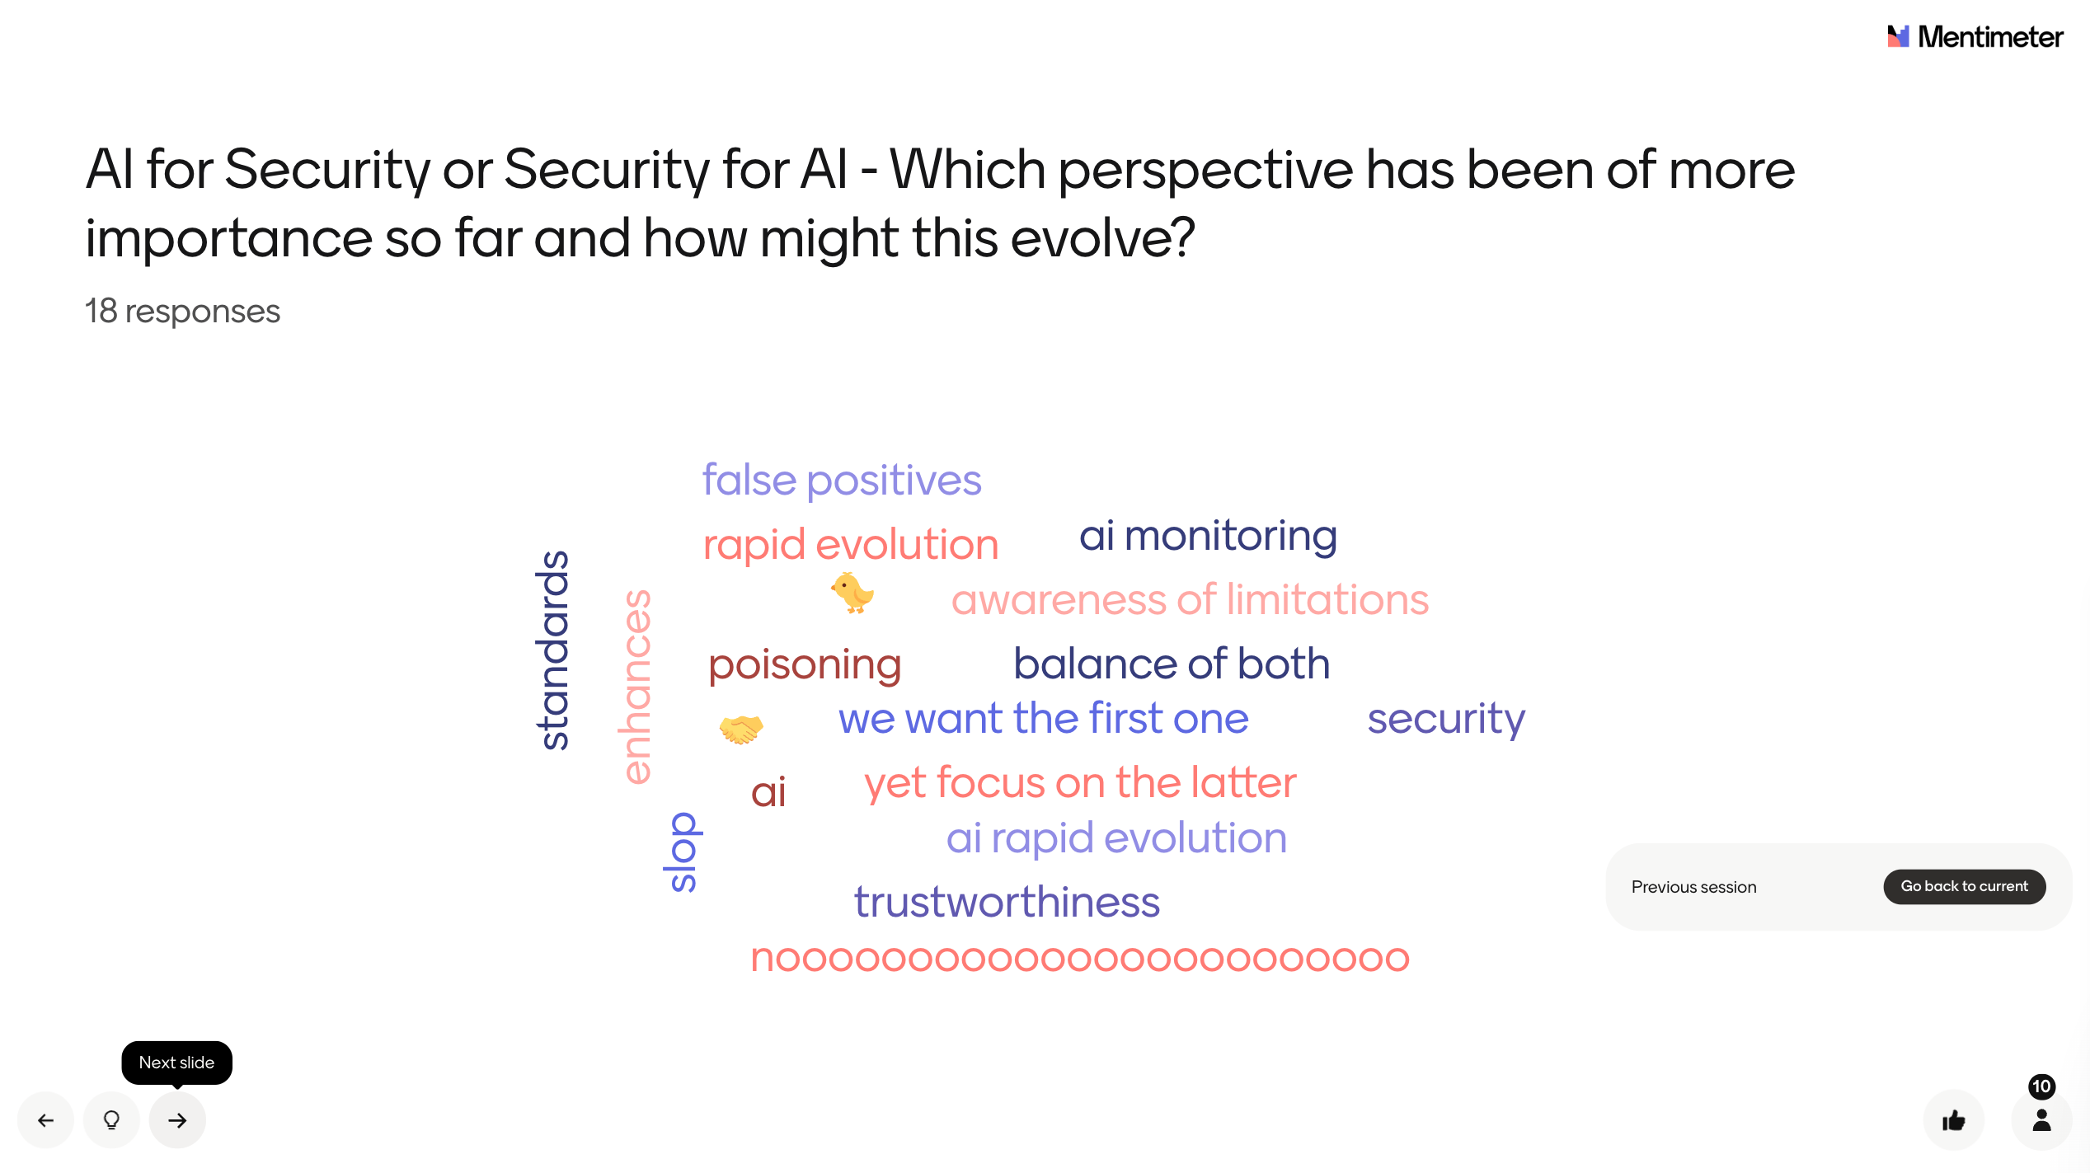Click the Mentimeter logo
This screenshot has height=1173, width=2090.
[1975, 36]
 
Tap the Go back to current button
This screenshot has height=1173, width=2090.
[1964, 886]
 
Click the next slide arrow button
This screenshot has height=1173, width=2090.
[177, 1119]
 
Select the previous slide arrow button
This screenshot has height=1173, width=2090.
[46, 1119]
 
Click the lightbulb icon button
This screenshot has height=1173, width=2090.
[111, 1119]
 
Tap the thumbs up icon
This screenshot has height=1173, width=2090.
[1953, 1120]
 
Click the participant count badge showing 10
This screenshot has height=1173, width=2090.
[2041, 1086]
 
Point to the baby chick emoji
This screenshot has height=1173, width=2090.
[852, 593]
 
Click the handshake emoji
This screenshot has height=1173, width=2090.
[741, 729]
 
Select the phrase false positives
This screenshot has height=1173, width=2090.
[842, 481]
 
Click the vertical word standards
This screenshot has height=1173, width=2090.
[553, 650]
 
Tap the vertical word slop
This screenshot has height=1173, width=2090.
[682, 852]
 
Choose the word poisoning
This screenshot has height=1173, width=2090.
[805, 665]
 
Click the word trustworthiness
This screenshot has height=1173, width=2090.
[1007, 902]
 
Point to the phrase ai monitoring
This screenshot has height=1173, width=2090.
[1209, 536]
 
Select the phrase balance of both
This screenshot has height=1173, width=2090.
[1172, 664]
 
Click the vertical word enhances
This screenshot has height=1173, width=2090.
[636, 686]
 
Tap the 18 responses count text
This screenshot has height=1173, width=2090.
[182, 312]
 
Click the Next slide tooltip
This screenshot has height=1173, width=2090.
[176, 1063]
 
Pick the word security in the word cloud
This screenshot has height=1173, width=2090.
[1446, 720]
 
